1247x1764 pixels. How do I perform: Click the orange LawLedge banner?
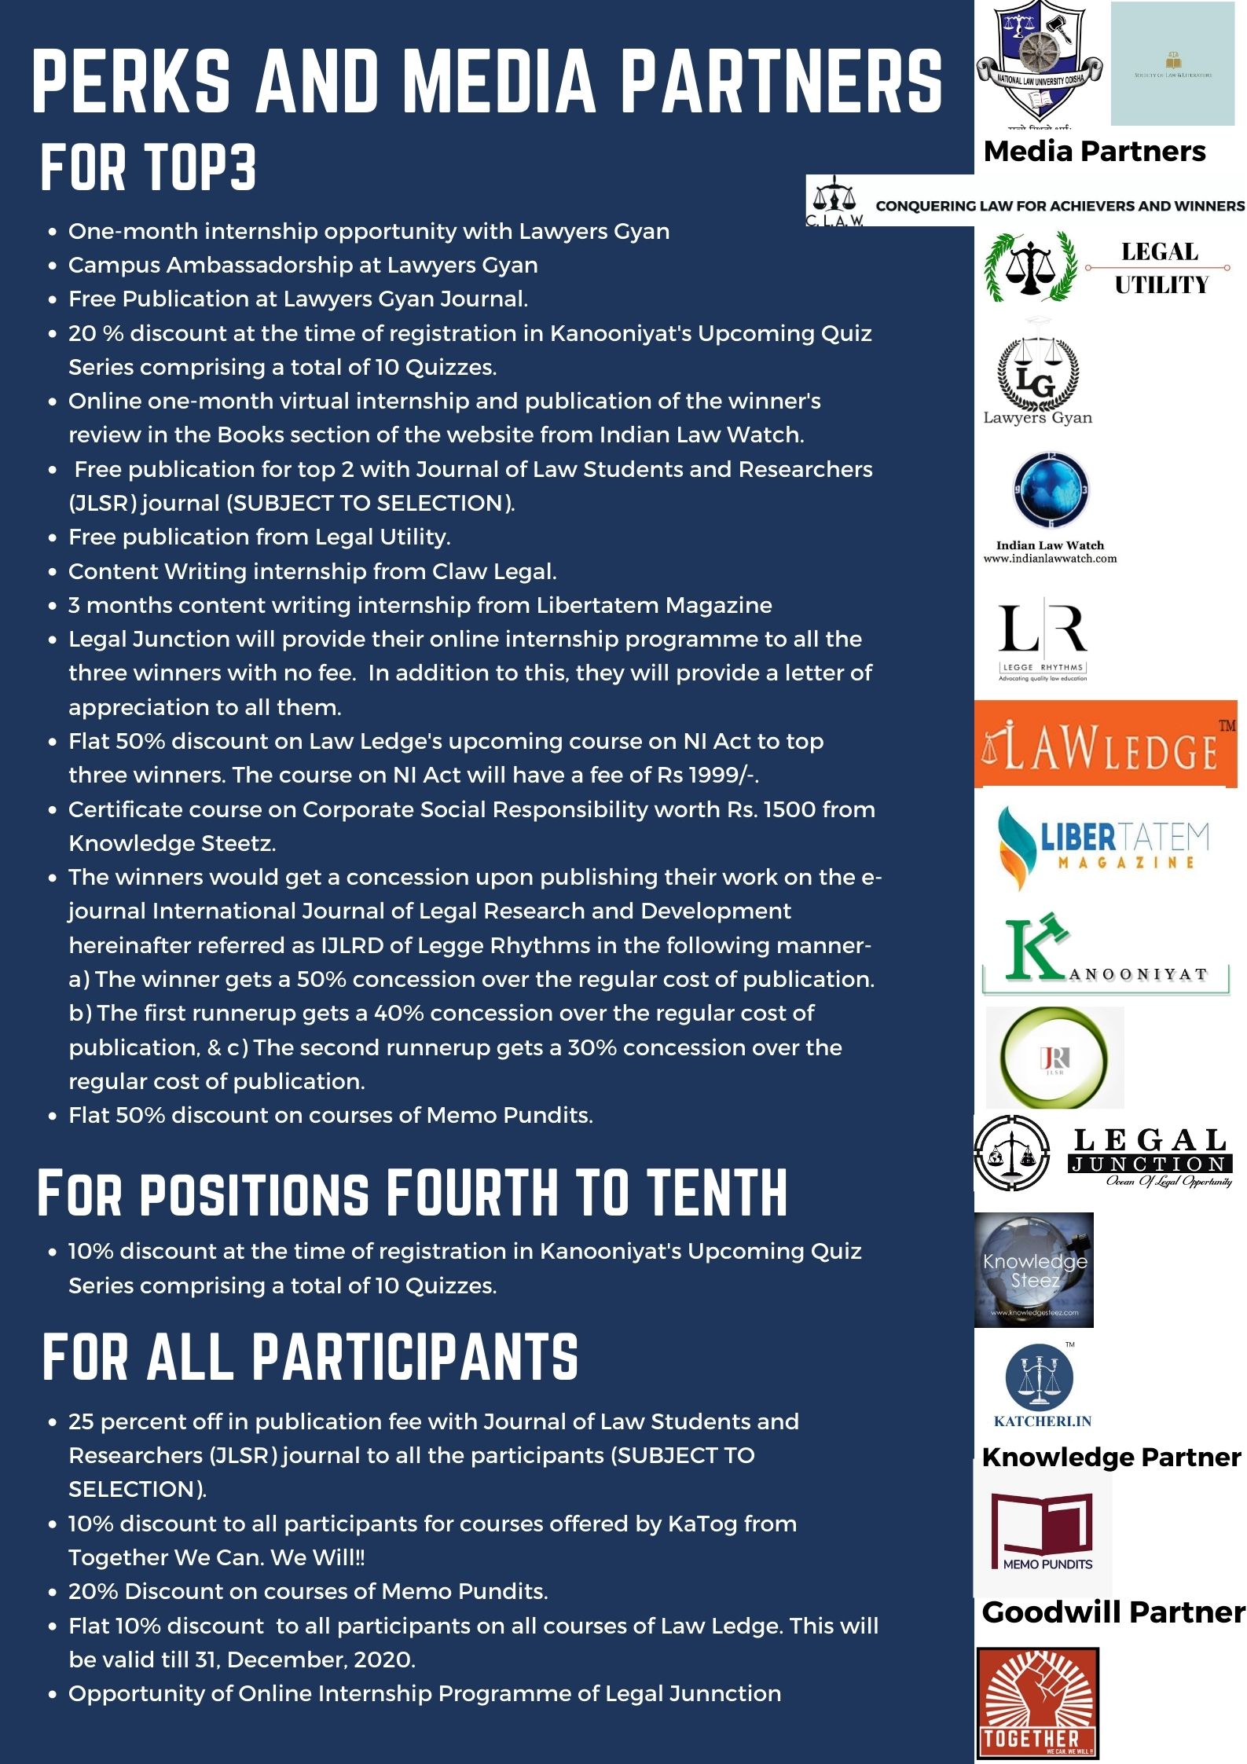1105,743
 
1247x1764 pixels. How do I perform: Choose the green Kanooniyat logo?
1105,955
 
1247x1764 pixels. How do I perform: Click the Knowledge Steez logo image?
1033,1270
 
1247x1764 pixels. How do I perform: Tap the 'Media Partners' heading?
1094,152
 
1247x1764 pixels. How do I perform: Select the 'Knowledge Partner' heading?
1111,1457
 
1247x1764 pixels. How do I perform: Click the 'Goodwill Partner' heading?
1113,1612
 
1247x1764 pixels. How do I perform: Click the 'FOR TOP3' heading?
149,168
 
